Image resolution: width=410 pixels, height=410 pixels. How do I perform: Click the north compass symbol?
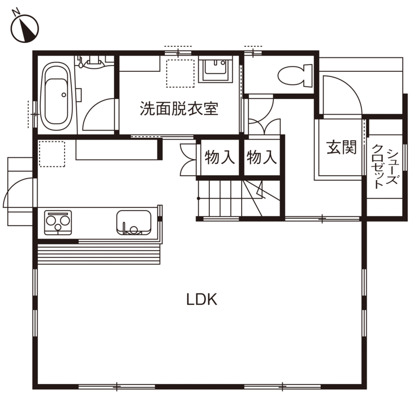pos(24,28)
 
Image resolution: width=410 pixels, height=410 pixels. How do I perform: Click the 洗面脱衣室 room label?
pos(179,108)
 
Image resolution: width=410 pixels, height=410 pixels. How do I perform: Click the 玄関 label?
pos(341,146)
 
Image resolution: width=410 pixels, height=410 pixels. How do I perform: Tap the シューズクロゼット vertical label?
pos(386,166)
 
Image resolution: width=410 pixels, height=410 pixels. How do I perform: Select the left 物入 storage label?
pos(220,157)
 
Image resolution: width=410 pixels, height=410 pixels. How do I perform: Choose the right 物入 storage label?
pos(262,157)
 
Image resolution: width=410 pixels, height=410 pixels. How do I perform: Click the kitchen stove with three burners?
pos(58,223)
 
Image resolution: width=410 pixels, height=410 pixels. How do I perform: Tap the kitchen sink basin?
pos(133,223)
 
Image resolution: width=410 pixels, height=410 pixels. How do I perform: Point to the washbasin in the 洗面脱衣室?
pos(215,70)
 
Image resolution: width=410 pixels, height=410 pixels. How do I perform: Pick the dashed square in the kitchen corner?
pos(52,154)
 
